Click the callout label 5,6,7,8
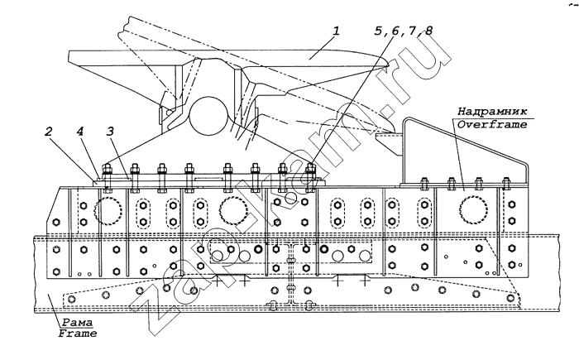coord(403,31)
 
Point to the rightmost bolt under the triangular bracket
coord(503,184)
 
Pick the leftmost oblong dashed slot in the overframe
coord(143,212)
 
